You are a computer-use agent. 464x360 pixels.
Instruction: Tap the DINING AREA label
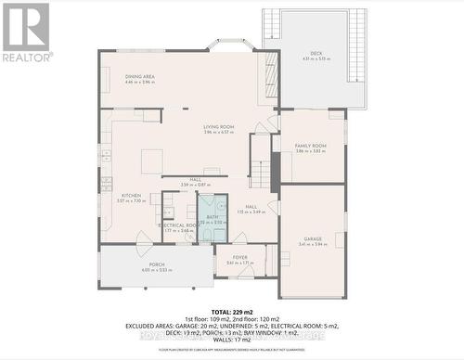(140, 76)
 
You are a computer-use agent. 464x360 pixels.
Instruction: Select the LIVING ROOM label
(219, 126)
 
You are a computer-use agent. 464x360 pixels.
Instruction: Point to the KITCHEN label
(132, 195)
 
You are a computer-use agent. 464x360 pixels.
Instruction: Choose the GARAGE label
(313, 238)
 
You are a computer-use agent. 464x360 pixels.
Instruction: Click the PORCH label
(157, 265)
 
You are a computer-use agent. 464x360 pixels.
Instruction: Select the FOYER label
(239, 258)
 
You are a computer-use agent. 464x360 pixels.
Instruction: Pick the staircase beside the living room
(261, 173)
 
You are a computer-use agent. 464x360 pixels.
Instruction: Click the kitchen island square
(152, 161)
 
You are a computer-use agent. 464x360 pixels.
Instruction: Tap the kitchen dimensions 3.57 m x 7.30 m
(132, 200)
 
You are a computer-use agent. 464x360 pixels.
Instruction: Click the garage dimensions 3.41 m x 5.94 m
(313, 244)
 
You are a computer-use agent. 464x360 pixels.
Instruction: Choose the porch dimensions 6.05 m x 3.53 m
(157, 271)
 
